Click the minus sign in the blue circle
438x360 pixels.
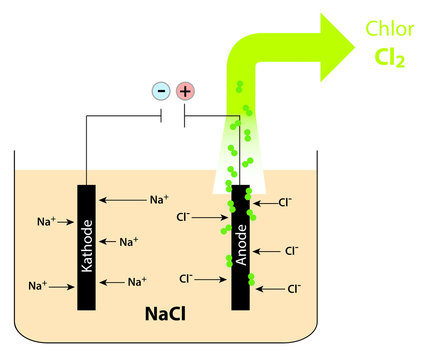point(161,92)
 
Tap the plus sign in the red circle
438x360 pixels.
point(185,92)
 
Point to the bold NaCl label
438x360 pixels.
point(164,315)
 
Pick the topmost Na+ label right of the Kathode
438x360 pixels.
point(159,200)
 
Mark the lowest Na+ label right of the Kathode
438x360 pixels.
point(138,282)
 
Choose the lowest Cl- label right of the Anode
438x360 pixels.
point(294,288)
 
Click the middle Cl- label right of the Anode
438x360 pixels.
point(291,250)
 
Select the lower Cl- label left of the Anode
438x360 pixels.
point(188,278)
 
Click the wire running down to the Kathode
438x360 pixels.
point(87,150)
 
